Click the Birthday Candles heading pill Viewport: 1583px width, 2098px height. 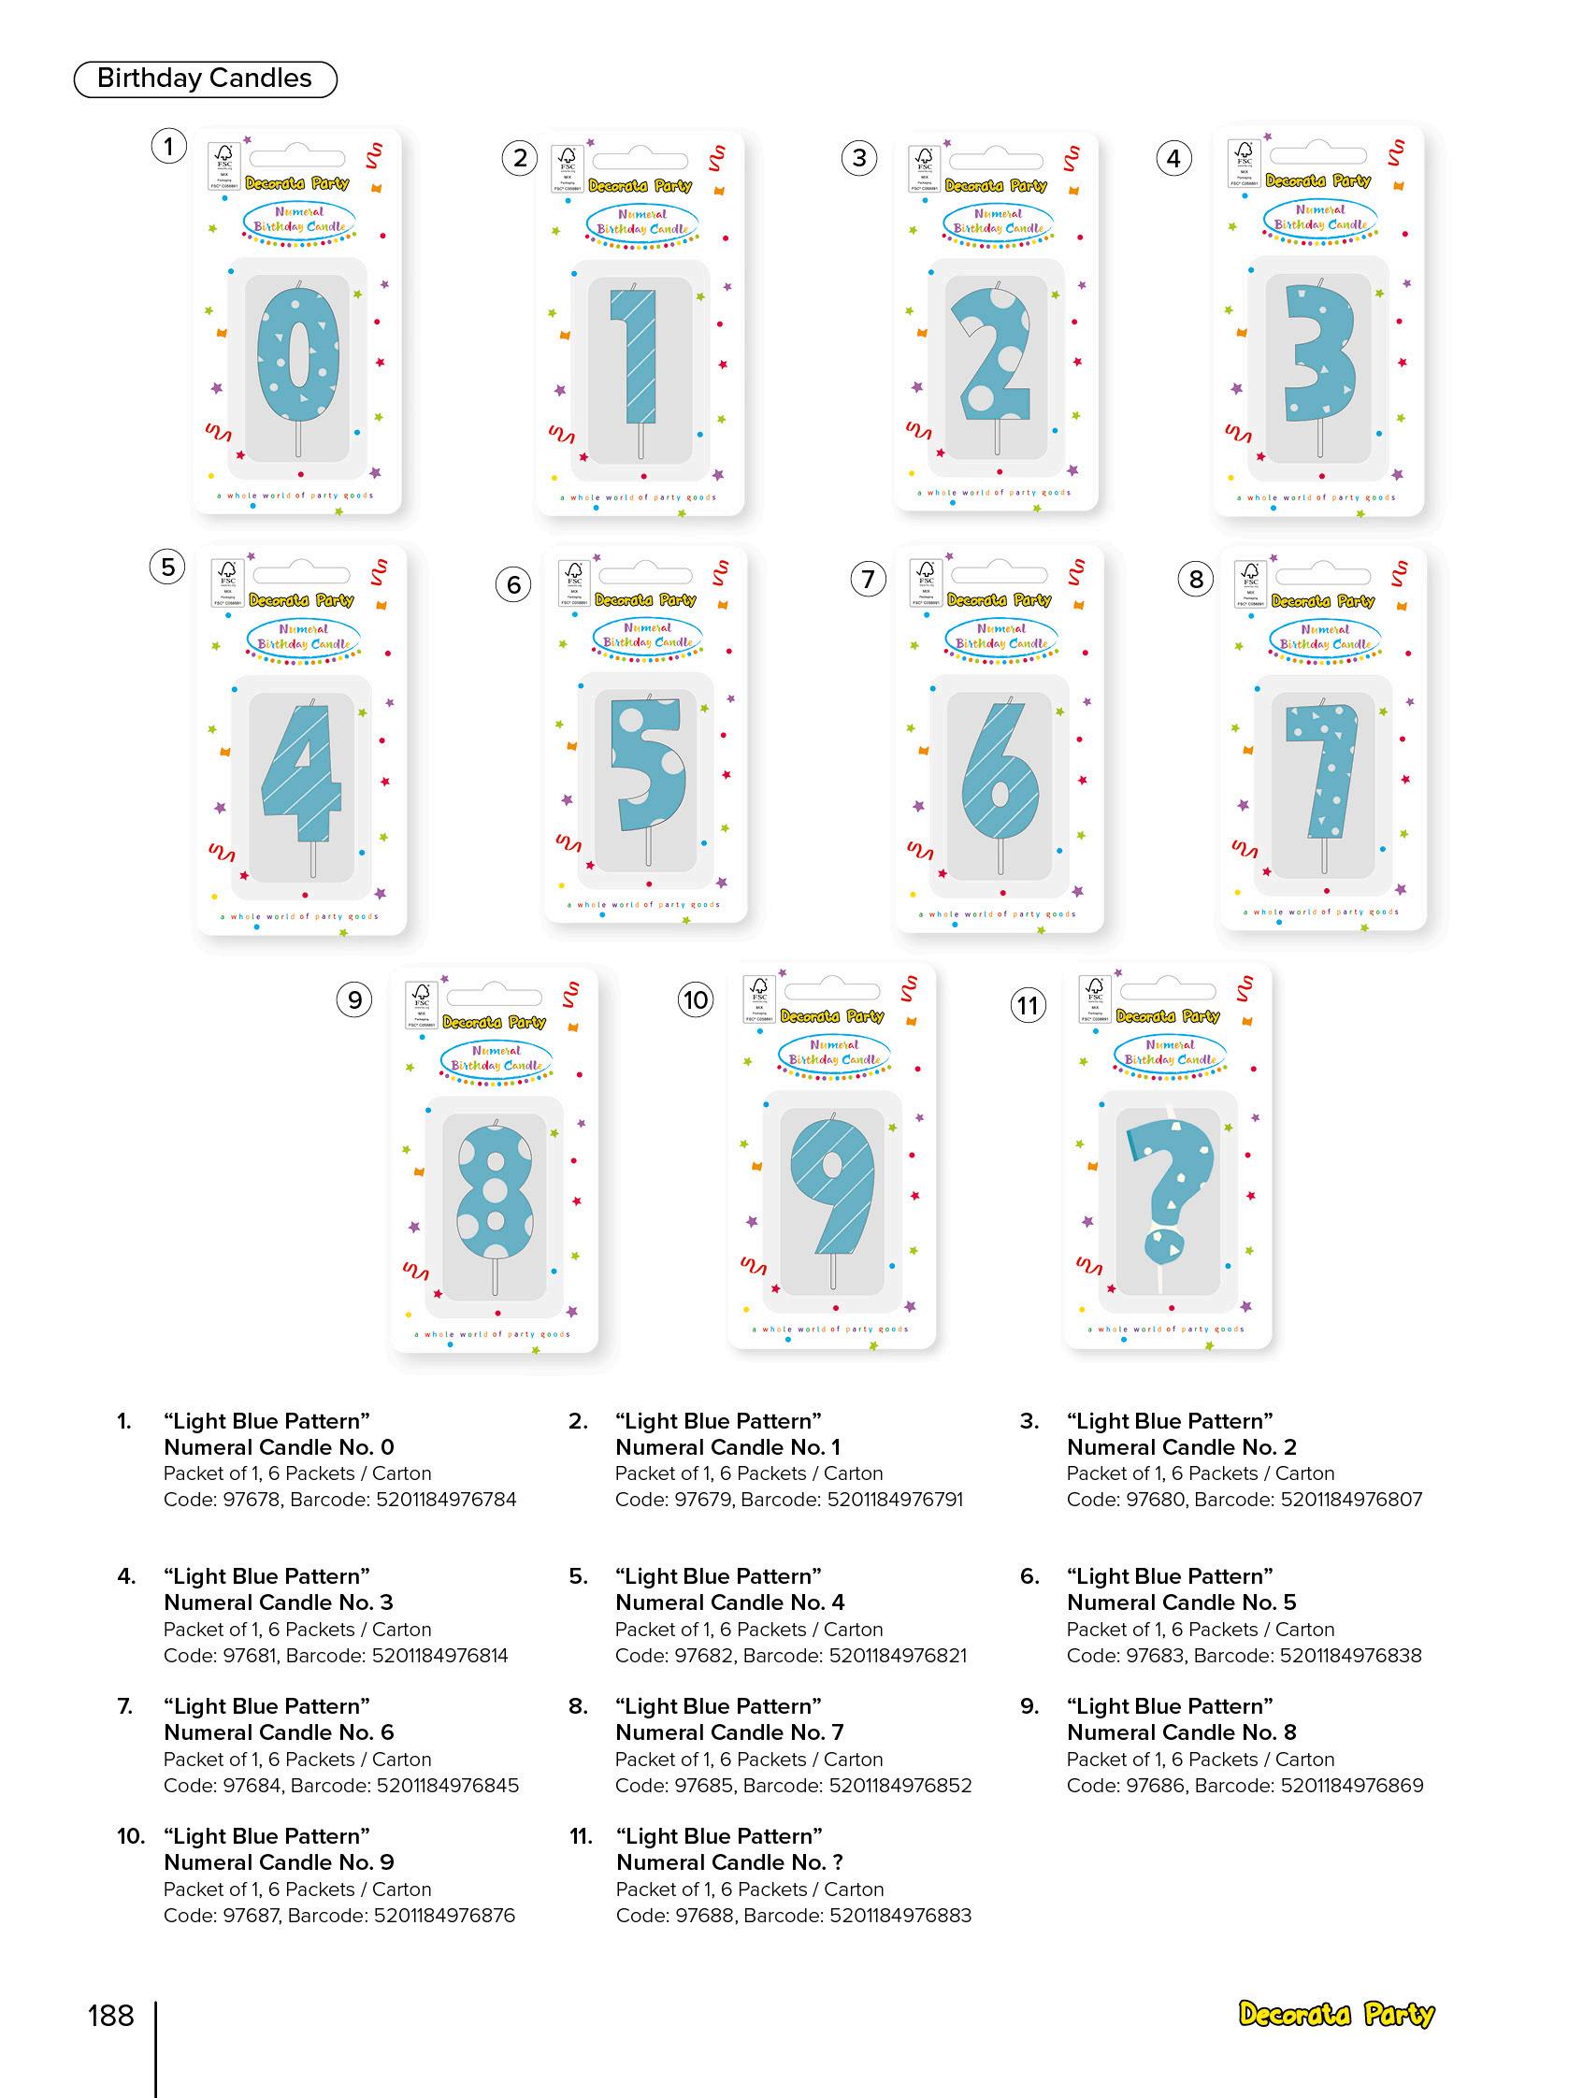tap(205, 79)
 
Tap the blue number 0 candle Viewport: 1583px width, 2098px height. tap(298, 356)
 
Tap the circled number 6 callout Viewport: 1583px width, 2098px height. tap(513, 584)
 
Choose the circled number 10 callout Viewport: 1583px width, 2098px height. tap(696, 999)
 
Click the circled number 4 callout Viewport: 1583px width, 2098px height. tap(1173, 158)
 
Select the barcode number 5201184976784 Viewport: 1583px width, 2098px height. tap(446, 1500)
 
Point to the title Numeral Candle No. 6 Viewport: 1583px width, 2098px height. tap(279, 1732)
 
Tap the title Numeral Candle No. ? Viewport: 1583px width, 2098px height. tap(729, 1861)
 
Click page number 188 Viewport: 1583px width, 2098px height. tap(111, 2016)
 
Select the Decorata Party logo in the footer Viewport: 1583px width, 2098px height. tap(1335, 2015)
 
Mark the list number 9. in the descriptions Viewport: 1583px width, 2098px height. tap(1030, 1706)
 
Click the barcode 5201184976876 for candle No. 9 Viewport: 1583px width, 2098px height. tap(444, 1915)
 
